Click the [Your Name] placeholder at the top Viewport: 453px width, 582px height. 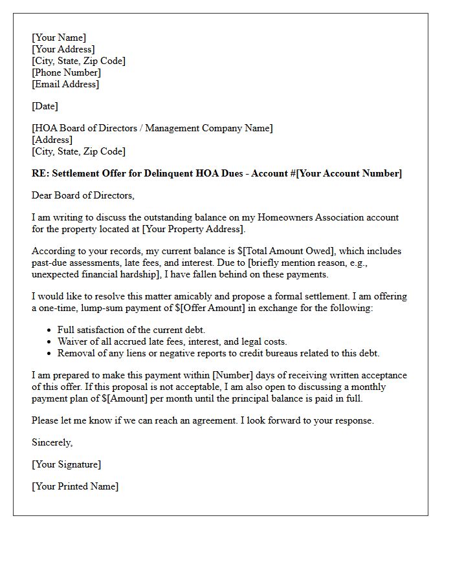tap(59, 38)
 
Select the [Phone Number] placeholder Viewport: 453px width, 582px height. tap(66, 72)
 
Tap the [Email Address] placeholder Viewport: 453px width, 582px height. tap(65, 84)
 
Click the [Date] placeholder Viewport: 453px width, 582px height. tap(45, 106)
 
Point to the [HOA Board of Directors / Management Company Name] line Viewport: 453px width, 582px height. tap(152, 128)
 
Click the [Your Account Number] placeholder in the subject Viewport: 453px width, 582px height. tap(349, 173)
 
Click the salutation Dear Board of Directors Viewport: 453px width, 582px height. tap(83, 195)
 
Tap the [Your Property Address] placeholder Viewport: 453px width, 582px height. tap(193, 229)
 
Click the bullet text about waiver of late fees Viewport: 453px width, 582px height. tap(172, 341)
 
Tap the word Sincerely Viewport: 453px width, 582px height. tap(52, 442)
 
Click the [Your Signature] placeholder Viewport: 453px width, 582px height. tap(67, 464)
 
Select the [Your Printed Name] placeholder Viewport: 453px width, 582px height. tap(75, 486)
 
